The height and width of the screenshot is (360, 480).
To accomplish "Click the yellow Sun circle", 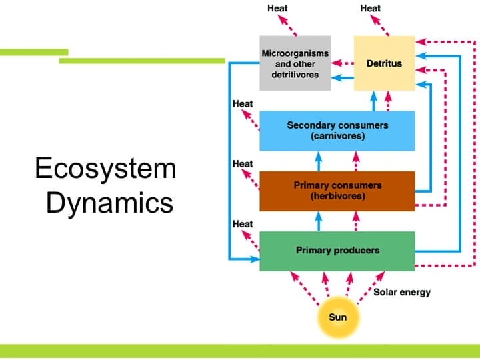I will pyautogui.click(x=337, y=317).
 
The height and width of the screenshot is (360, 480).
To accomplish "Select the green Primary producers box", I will pyautogui.click(x=337, y=251).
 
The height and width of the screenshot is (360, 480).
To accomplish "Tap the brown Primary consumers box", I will pyautogui.click(x=337, y=191).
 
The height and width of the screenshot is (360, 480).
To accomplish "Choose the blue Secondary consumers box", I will pyautogui.click(x=337, y=131).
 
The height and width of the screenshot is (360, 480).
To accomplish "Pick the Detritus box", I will pyautogui.click(x=384, y=63).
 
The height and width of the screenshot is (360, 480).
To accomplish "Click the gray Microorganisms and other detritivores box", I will pyautogui.click(x=295, y=63).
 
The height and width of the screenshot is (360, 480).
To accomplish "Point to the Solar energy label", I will pyautogui.click(x=402, y=292).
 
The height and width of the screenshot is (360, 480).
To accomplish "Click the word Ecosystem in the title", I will pyautogui.click(x=105, y=169).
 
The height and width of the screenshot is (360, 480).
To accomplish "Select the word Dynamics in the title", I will pyautogui.click(x=109, y=203).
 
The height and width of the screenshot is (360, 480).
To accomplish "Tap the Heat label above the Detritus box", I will pyautogui.click(x=370, y=8).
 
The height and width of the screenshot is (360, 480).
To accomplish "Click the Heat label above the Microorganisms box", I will pyautogui.click(x=277, y=8).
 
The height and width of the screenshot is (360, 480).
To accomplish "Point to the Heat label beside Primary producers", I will pyautogui.click(x=243, y=224).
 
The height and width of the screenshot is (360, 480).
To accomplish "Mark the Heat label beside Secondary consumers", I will pyautogui.click(x=243, y=104).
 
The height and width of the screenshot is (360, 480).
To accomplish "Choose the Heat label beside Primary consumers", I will pyautogui.click(x=243, y=164).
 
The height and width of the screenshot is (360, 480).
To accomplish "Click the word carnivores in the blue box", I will pyautogui.click(x=337, y=136).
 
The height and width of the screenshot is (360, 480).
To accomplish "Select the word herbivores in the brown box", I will pyautogui.click(x=337, y=197).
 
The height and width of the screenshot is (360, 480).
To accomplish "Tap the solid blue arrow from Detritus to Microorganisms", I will pyautogui.click(x=342, y=78).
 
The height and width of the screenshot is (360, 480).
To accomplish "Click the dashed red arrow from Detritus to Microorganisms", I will pyautogui.click(x=342, y=63).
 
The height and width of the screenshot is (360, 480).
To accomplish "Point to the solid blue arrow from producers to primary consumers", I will pyautogui.click(x=319, y=221).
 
